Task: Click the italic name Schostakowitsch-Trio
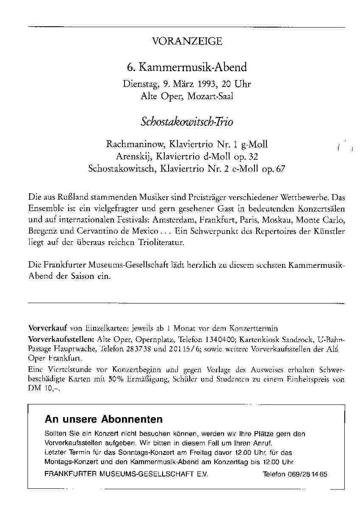tap(187, 122)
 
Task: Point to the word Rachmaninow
tap(129, 145)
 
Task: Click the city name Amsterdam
tap(174, 221)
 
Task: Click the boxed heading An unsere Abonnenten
tap(103, 420)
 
